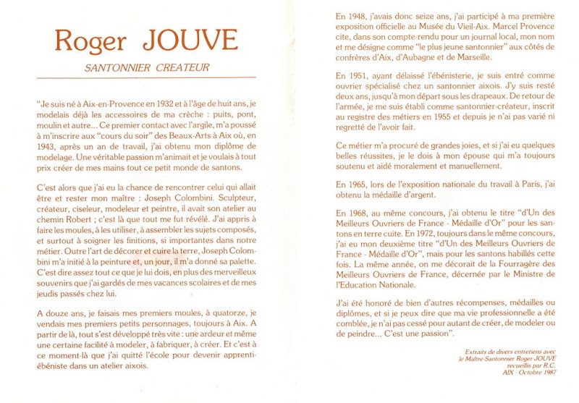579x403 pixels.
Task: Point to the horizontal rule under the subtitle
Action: coord(145,77)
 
